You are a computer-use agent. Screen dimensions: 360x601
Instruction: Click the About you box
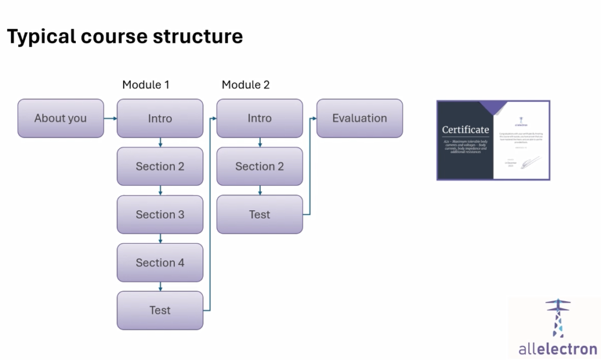60,118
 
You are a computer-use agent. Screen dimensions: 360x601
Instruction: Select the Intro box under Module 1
160,118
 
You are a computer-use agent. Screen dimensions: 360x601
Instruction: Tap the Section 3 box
160,214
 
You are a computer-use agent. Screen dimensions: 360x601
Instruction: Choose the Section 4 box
160,263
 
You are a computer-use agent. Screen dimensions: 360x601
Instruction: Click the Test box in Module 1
160,310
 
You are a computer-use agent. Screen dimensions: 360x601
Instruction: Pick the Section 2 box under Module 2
259,166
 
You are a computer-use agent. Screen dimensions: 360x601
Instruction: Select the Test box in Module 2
259,214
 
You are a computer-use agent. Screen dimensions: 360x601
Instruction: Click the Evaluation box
359,118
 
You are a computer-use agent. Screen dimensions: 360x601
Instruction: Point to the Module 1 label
146,85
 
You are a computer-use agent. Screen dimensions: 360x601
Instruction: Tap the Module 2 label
245,85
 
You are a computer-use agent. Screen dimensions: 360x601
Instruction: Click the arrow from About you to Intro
110,118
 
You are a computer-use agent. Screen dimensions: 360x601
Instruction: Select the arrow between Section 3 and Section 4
160,238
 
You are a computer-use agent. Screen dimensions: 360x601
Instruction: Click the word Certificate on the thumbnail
465,130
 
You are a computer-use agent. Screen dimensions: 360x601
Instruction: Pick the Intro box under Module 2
259,118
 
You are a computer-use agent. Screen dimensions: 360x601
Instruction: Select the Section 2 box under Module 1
160,166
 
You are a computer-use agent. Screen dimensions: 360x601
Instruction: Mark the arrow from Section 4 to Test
160,287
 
